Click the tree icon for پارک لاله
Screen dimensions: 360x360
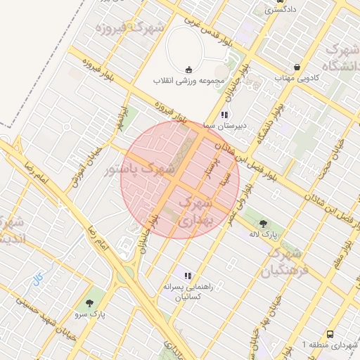coord(264,223)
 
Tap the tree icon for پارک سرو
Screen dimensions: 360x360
coord(89,304)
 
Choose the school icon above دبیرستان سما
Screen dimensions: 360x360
coord(224,114)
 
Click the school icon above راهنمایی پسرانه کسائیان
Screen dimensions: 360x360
coord(187,276)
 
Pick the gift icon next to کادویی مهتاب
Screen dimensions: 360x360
coord(297,66)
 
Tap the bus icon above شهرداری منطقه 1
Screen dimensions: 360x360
coord(330,334)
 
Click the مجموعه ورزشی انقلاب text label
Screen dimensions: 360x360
coord(188,80)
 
